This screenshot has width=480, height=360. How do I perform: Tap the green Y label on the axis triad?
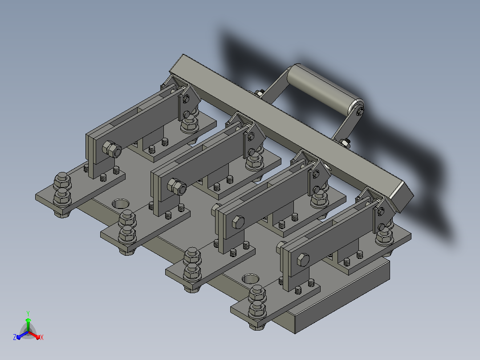pyautogui.click(x=28, y=314)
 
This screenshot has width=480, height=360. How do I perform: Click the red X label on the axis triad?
pyautogui.click(x=42, y=337)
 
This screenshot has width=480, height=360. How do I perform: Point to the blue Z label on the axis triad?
pyautogui.click(x=15, y=337)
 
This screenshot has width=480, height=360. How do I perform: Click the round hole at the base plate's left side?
pyautogui.click(x=121, y=204)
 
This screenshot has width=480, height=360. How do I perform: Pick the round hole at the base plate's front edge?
pyautogui.click(x=250, y=279)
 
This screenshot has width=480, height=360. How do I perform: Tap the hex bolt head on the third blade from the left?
pyautogui.click(x=238, y=222)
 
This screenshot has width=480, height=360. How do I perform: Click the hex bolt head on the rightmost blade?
pyautogui.click(x=303, y=260)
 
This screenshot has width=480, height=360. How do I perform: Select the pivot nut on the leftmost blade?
pyautogui.click(x=112, y=149)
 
